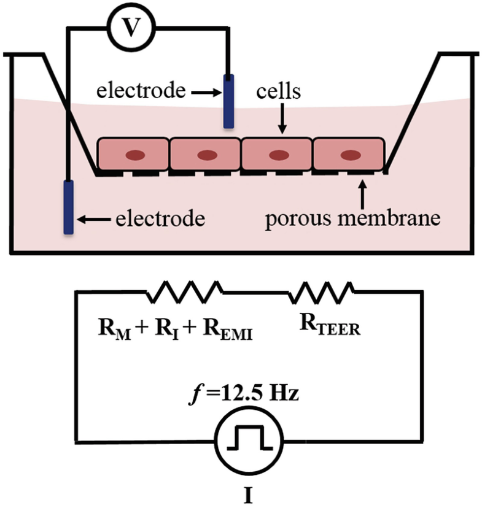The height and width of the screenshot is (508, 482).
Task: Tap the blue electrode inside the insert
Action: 228,101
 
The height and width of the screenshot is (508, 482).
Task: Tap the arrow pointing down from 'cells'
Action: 281,118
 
